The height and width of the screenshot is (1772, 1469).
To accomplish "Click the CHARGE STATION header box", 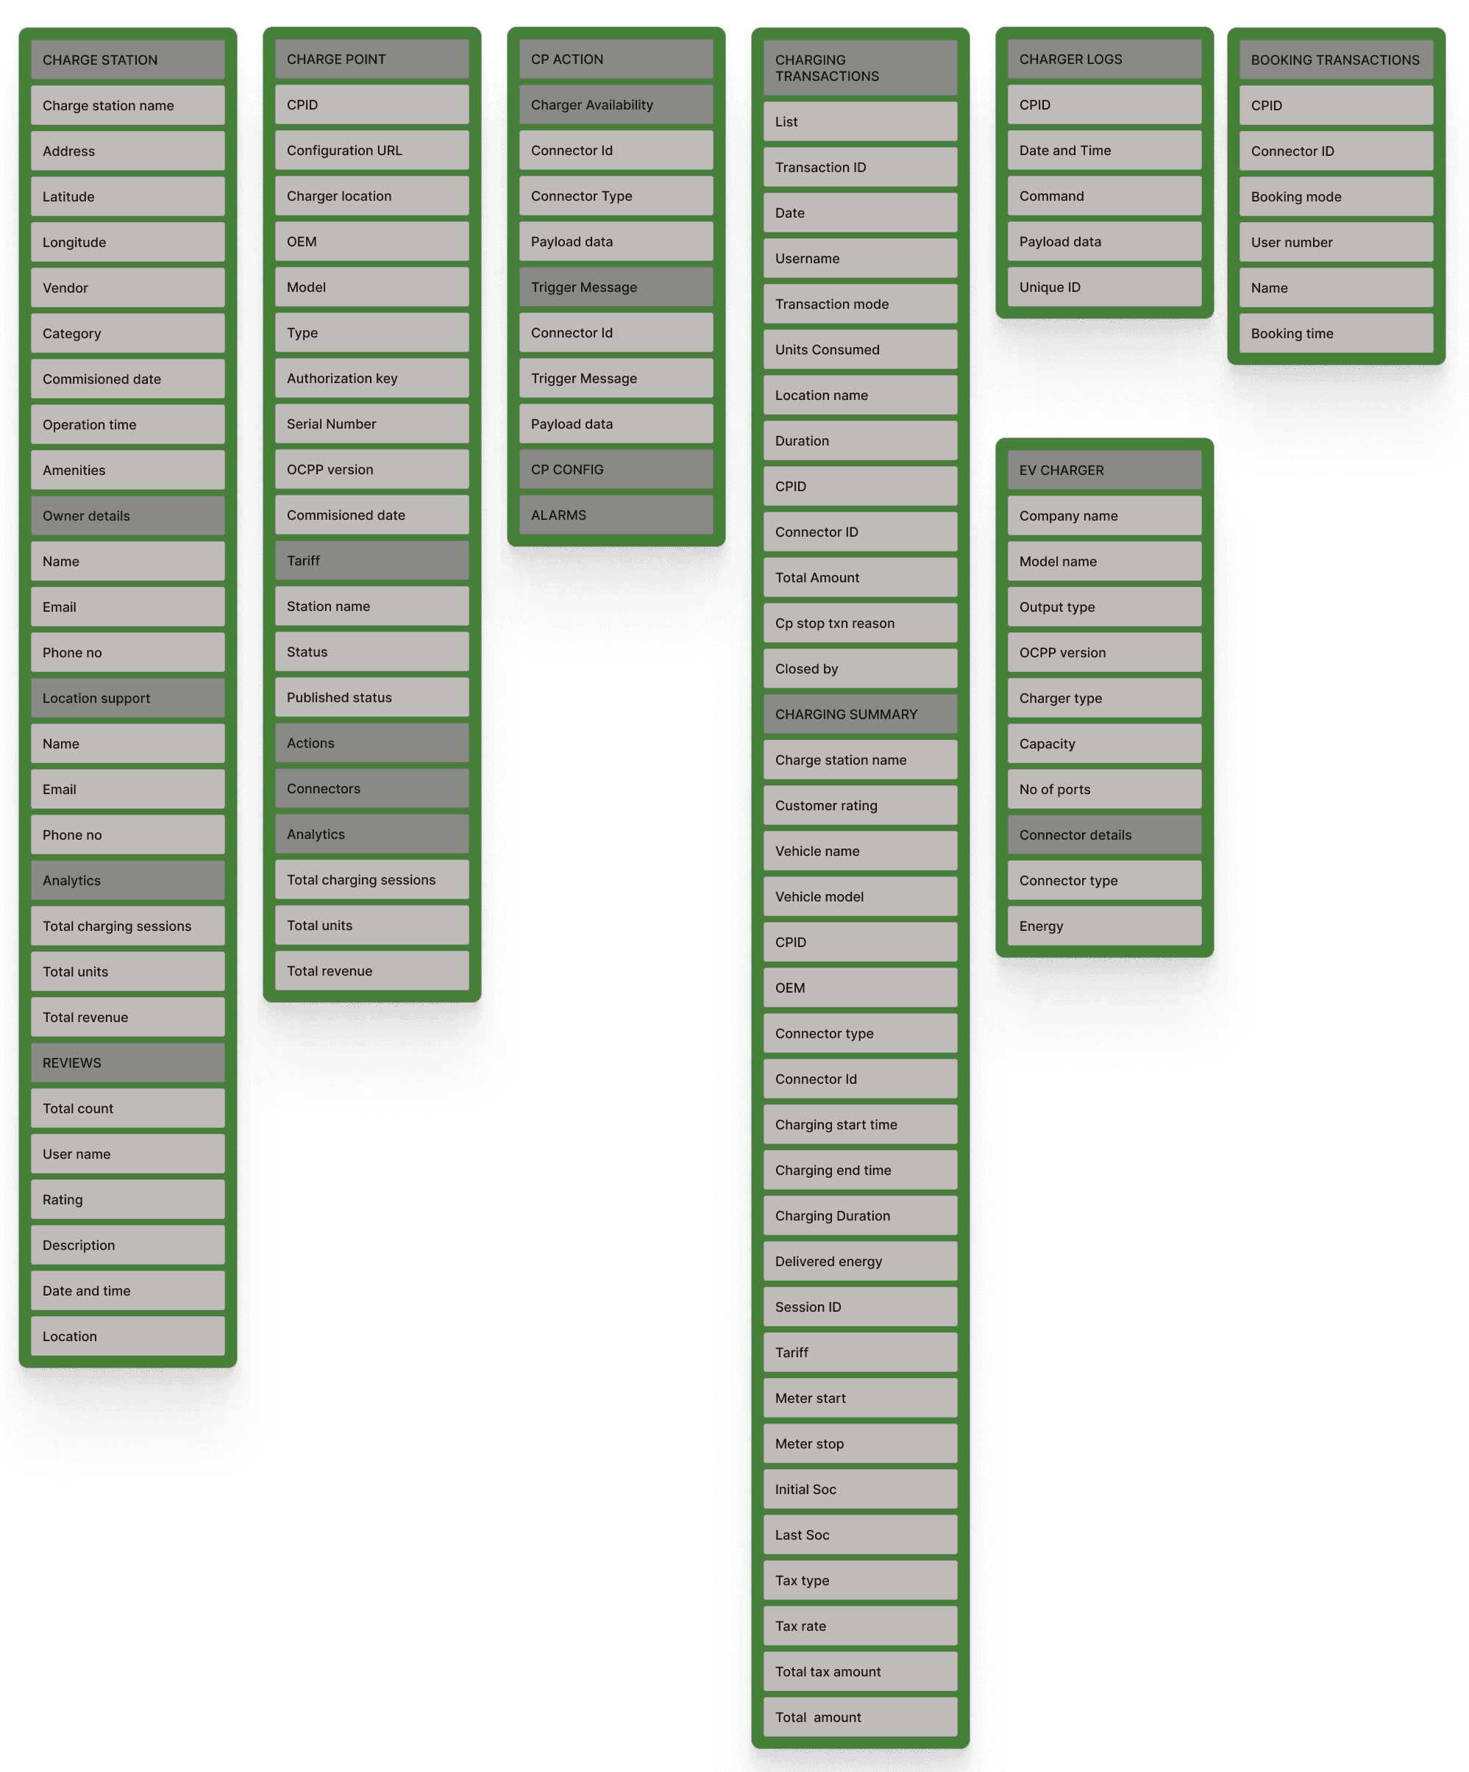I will [127, 60].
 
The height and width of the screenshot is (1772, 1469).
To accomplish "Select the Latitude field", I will [127, 196].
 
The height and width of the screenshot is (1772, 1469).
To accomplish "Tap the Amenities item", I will [127, 470].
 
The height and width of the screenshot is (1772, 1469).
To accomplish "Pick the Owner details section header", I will [127, 515].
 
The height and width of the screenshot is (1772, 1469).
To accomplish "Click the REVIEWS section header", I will [127, 1062].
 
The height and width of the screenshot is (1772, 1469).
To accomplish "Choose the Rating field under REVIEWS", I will [127, 1199].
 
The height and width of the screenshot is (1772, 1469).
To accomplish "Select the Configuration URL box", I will [371, 150].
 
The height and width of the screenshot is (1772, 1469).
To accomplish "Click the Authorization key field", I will [371, 378].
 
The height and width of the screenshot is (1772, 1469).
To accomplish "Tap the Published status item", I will [371, 697].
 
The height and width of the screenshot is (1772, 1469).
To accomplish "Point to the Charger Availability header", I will [616, 104].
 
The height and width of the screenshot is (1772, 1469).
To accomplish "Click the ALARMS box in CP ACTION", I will [616, 515].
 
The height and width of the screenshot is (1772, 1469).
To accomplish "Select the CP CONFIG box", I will [616, 469].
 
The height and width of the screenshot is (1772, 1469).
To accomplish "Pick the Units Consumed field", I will [859, 349].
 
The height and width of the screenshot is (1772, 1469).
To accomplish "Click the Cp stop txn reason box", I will [859, 623].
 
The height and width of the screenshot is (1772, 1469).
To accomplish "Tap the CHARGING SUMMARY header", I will [859, 714].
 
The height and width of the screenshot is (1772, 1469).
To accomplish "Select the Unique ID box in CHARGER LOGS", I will [1103, 287].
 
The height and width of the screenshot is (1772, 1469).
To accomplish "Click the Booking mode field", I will [1336, 196].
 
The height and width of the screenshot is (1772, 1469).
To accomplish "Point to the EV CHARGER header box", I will [1103, 470].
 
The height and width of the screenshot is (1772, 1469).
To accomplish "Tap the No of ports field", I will [1103, 789].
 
